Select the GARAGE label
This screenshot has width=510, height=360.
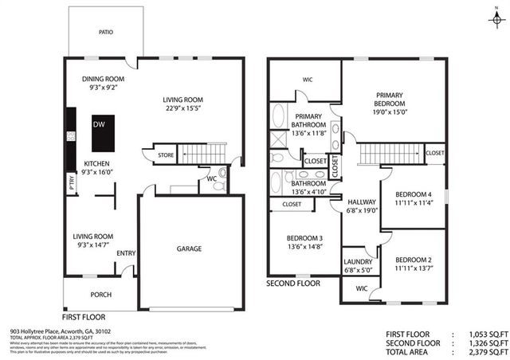click(x=189, y=248)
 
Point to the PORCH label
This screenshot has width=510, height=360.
click(x=101, y=294)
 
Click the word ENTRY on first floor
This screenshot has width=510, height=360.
click(x=126, y=254)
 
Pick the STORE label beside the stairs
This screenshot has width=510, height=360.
click(x=166, y=155)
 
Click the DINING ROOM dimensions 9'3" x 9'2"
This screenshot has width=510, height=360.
click(x=103, y=89)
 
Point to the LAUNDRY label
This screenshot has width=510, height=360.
click(x=358, y=262)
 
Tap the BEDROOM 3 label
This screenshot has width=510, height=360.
click(x=304, y=238)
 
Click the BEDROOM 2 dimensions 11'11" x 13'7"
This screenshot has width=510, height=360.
click(x=413, y=268)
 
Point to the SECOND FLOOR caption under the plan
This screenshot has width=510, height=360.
click(x=293, y=283)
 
